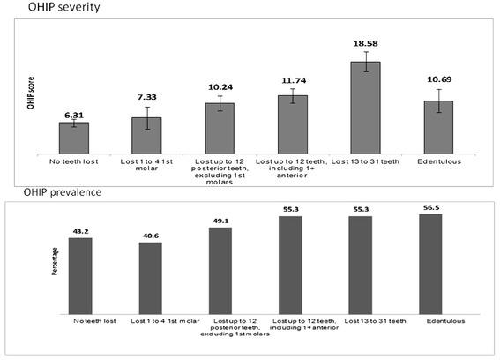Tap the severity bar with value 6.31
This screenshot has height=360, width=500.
pyautogui.click(x=73, y=138)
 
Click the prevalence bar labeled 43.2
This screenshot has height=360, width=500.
pyautogui.click(x=80, y=275)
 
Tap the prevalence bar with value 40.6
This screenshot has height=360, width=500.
pyautogui.click(x=150, y=278)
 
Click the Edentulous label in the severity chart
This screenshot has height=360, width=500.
pyautogui.click(x=438, y=161)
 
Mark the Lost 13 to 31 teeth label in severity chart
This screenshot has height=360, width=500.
pyautogui.click(x=365, y=161)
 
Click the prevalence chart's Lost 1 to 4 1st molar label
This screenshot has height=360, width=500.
pyautogui.click(x=160, y=320)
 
